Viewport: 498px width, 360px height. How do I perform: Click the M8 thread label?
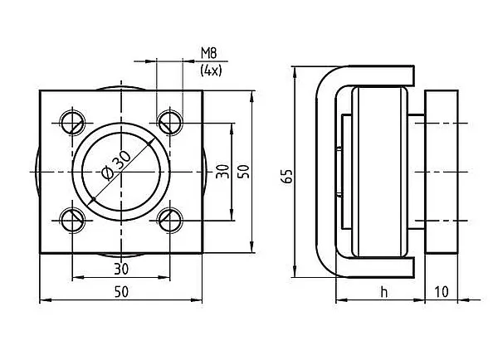pyautogui.click(x=208, y=53)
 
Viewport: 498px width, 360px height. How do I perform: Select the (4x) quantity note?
pyautogui.click(x=211, y=71)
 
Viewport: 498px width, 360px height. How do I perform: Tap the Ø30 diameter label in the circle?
pyautogui.click(x=115, y=165)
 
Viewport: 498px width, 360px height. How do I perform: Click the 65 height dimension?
pyautogui.click(x=287, y=177)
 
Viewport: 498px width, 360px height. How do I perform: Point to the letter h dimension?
pyautogui.click(x=384, y=292)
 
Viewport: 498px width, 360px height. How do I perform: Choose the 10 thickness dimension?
pyautogui.click(x=442, y=292)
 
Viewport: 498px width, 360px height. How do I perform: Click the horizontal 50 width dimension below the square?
pyautogui.click(x=121, y=292)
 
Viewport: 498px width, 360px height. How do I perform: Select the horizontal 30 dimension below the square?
pyautogui.click(x=121, y=270)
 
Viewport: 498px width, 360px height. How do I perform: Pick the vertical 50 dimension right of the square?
pyautogui.click(x=244, y=172)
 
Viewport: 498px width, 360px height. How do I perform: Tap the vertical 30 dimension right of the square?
pyautogui.click(x=222, y=172)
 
